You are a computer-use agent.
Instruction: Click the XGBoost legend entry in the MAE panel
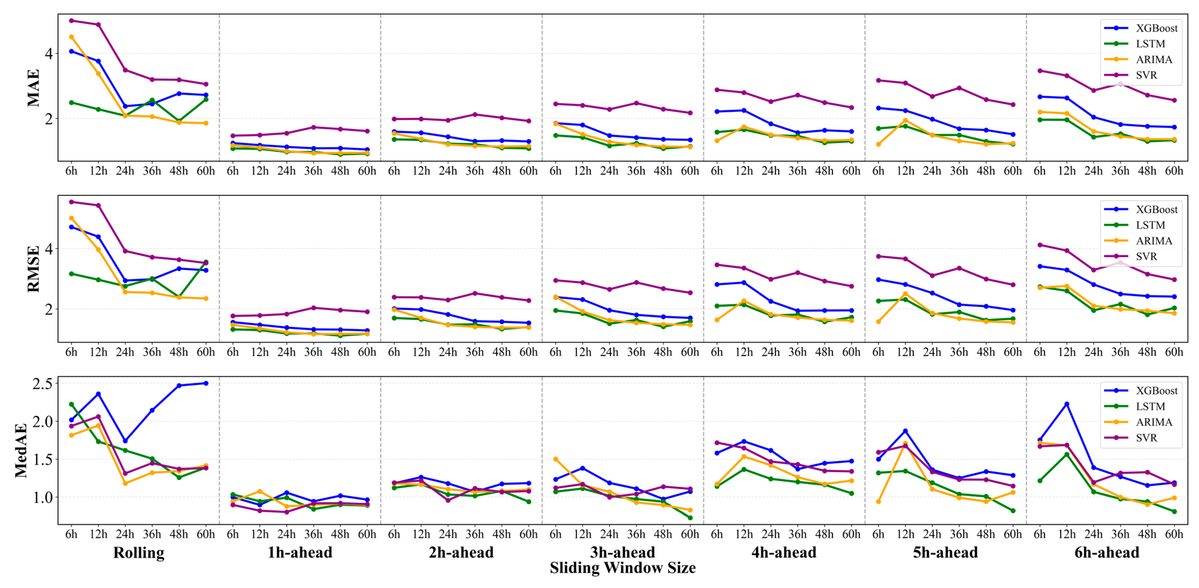(x=1140, y=28)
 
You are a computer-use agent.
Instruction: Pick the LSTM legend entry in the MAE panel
(x=1134, y=44)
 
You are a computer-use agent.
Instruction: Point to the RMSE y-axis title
(x=34, y=269)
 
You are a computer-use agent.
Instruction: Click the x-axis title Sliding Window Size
(x=623, y=568)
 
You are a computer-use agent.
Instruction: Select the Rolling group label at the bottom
(x=139, y=553)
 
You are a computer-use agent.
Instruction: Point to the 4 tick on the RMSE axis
(x=49, y=249)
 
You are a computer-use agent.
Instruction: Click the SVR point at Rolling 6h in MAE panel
(x=71, y=21)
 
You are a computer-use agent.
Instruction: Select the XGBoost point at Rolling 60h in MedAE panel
(x=206, y=383)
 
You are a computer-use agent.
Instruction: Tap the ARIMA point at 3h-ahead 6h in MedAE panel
(x=555, y=459)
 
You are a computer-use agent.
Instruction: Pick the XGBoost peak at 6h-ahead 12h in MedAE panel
(x=1066, y=404)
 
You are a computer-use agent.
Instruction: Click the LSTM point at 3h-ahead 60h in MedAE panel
(x=690, y=518)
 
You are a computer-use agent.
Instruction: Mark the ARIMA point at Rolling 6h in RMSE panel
(x=71, y=218)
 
